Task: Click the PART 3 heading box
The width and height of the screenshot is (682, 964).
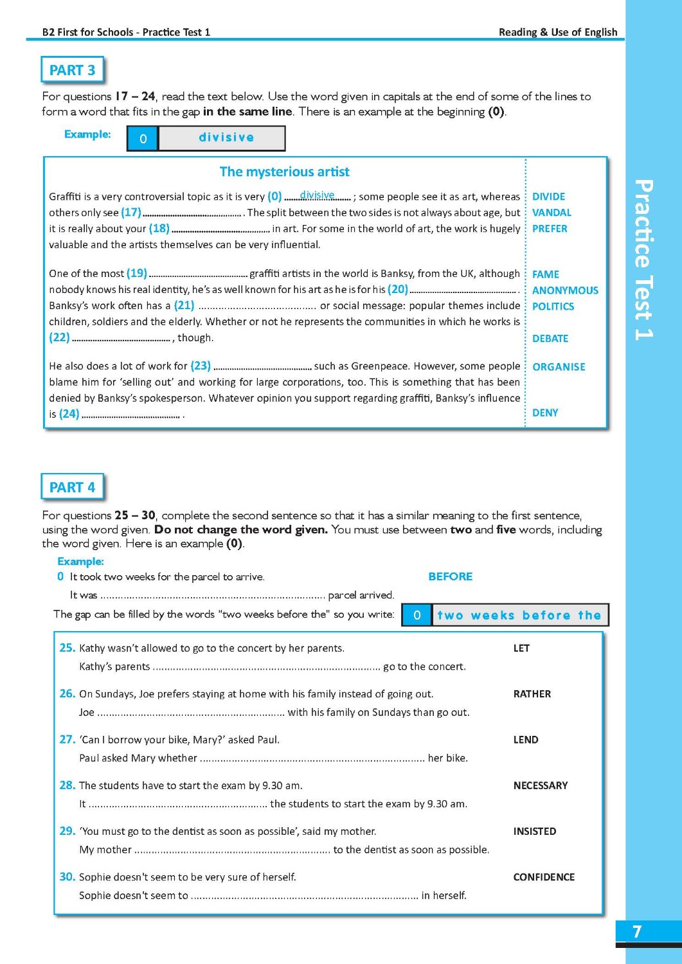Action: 72,70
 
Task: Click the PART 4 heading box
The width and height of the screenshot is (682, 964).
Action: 72,487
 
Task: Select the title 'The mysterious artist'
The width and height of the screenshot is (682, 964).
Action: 284,172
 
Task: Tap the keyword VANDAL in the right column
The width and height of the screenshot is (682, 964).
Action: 552,213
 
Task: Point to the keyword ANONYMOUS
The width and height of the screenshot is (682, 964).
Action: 565,290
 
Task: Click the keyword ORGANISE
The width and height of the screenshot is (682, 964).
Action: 559,367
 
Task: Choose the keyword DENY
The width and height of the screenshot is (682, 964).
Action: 545,413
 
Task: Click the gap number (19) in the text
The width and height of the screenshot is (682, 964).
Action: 137,273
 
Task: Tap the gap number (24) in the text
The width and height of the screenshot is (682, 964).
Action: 69,414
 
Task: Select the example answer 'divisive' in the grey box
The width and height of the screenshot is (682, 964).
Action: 226,138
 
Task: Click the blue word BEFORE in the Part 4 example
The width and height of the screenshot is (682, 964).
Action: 450,576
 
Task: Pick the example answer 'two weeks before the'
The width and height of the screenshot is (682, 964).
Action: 519,615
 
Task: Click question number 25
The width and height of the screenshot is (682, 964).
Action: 67,648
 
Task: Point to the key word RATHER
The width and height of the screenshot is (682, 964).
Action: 532,694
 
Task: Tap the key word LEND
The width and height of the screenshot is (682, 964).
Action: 525,740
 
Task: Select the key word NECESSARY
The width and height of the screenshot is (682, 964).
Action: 540,785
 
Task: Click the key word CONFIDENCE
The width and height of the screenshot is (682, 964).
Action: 544,877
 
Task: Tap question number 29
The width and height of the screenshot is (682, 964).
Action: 67,831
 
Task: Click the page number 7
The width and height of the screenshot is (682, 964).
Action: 637,931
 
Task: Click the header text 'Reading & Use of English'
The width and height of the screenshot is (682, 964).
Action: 557,32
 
